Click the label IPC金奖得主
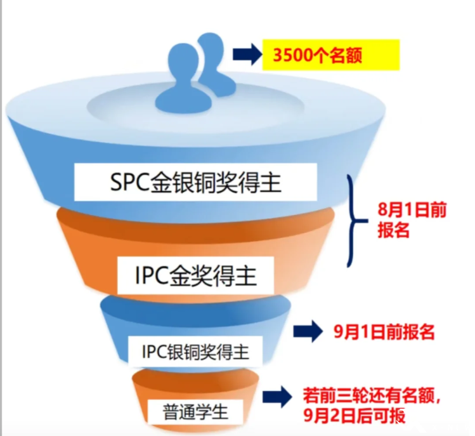[x=196, y=275]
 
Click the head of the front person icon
[x=183, y=58]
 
